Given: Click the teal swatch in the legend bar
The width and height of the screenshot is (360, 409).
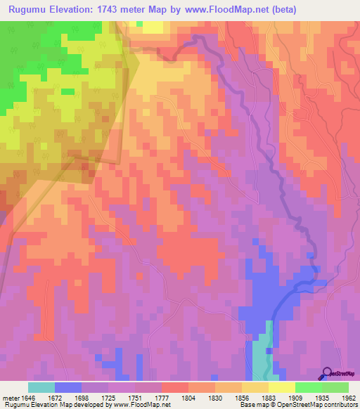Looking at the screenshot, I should (x=41, y=387).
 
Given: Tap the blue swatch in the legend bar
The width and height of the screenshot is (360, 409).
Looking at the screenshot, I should (x=68, y=387).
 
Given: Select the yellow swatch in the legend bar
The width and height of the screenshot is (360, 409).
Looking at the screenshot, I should (x=281, y=387).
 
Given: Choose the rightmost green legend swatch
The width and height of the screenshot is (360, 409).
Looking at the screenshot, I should (x=335, y=387).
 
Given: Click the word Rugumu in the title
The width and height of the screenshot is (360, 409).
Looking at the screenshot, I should (x=29, y=10).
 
